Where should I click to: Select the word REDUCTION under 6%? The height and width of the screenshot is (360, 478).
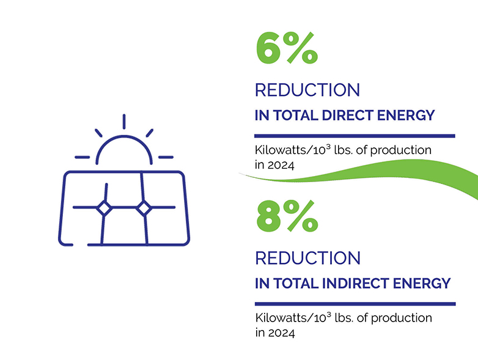click(307, 90)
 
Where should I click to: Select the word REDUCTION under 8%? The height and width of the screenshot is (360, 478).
click(307, 258)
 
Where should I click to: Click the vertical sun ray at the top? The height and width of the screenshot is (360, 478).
click(124, 122)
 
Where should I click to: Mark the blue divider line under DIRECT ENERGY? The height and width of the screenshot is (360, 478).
click(355, 135)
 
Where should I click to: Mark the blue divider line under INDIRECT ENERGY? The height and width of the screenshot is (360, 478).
click(355, 304)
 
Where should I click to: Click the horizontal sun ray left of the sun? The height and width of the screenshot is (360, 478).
click(82, 157)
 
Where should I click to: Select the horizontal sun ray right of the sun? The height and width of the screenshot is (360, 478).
click(166, 157)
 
